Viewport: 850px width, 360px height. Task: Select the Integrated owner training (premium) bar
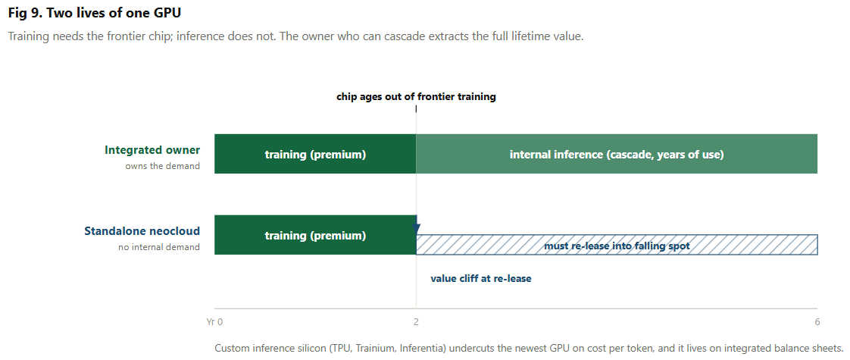315,154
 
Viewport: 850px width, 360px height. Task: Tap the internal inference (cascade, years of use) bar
617,154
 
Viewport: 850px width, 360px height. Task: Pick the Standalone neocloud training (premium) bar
315,235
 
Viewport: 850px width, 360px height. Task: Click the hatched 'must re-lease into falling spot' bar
617,245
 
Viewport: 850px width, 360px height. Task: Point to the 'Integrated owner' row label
152,149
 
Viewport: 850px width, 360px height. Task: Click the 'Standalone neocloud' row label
142,231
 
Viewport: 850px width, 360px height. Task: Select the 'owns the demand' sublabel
163,166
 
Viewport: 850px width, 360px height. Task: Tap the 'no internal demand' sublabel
159,247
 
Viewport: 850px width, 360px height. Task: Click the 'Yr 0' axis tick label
214,322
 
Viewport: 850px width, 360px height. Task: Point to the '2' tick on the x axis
416,322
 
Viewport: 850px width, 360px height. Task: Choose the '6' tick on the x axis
817,322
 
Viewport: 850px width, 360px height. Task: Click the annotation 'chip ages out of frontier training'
416,97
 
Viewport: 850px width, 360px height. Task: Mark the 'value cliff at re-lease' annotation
481,279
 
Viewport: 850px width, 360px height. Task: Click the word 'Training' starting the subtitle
27,37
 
